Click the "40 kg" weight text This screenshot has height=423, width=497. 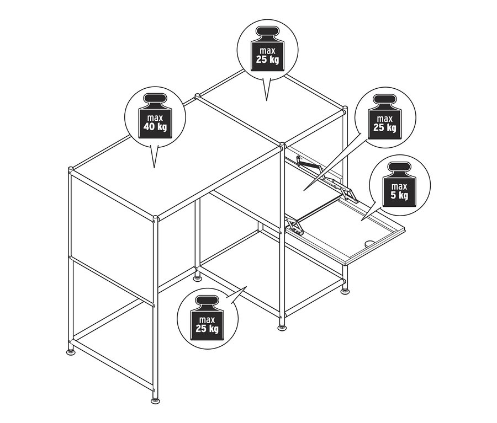coord(155,127)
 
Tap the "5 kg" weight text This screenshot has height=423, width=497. coord(399,195)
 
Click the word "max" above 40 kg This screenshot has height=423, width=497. coord(155,118)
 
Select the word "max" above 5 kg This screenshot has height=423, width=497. coord(399,186)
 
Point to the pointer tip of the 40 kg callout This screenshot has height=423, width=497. coord(154,168)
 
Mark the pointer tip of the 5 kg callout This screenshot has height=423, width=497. coord(361,219)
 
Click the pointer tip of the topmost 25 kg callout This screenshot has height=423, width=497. coord(267,100)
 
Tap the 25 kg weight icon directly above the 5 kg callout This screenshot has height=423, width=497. coord(384,117)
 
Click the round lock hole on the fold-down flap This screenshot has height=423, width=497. coord(369,243)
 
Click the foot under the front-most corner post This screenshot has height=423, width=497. coord(156,400)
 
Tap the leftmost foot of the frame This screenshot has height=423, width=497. coord(71,351)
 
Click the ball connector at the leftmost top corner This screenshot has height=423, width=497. coord(71,169)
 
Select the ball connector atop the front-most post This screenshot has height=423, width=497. coord(155,218)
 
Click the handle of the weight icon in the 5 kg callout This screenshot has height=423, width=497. coord(399,167)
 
